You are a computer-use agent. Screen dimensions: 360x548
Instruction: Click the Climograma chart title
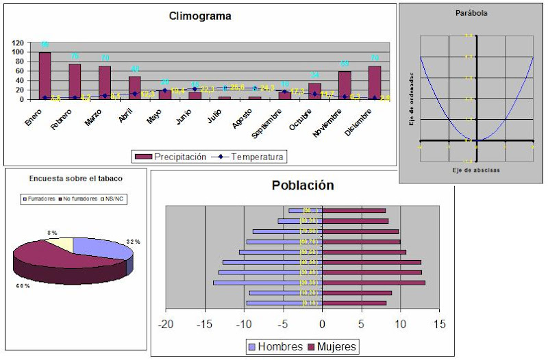point(200,16)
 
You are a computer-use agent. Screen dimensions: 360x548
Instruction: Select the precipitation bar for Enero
point(45,76)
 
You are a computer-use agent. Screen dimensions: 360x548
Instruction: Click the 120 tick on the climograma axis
point(18,42)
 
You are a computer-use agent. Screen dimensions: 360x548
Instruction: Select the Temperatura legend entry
point(250,157)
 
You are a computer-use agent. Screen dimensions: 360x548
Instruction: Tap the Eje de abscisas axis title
point(477,169)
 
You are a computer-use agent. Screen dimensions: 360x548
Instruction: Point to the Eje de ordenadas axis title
point(410,100)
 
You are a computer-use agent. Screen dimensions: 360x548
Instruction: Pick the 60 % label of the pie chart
point(23,285)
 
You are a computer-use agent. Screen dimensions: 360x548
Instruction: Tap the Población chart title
point(302,185)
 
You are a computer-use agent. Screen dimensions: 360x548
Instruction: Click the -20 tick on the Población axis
point(166,323)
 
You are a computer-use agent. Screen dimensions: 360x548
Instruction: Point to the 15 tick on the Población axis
point(440,323)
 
